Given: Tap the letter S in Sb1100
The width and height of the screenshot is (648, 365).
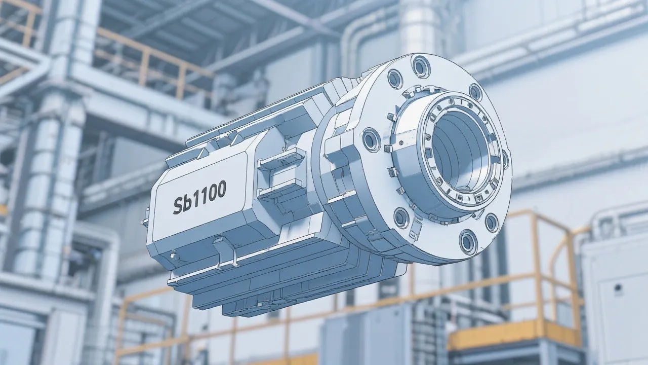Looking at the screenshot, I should [x=178, y=205].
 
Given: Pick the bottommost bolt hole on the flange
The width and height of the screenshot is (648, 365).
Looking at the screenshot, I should [x=468, y=241].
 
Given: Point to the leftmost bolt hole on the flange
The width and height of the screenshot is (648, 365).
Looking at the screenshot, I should [x=371, y=139].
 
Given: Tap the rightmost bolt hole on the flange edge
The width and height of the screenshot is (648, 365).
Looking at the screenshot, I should [x=505, y=159].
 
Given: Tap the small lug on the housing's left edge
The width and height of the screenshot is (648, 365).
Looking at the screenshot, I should [x=146, y=222].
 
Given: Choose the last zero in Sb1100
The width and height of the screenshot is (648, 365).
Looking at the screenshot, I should [x=220, y=189].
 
